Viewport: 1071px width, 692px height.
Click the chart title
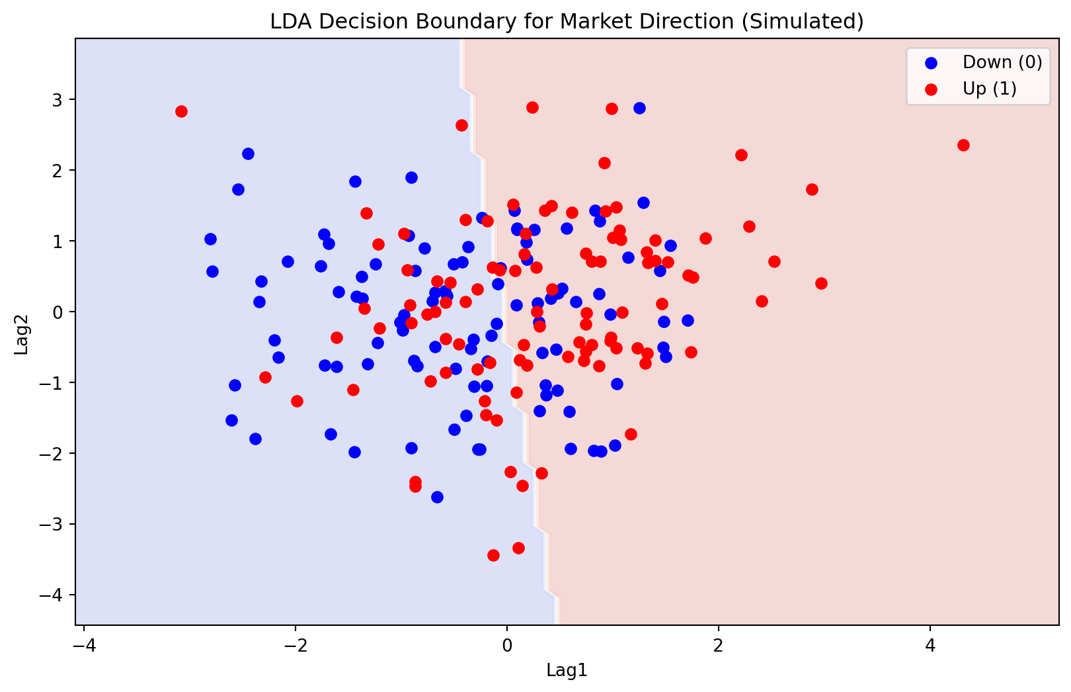(567, 22)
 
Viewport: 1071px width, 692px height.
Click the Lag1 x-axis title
(567, 671)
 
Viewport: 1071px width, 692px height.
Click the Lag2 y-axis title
(22, 331)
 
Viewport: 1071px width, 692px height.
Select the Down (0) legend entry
(1002, 62)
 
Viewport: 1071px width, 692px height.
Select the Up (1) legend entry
(989, 89)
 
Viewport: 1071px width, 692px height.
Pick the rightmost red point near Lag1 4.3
(963, 145)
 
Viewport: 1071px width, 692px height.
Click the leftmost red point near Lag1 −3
(181, 111)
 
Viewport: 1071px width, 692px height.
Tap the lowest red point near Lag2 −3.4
(493, 555)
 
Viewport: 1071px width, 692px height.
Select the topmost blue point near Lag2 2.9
(639, 108)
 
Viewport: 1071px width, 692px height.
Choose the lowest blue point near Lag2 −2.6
(437, 497)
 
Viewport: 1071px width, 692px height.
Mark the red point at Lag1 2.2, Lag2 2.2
(741, 155)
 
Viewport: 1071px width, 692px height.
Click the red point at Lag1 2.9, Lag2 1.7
(812, 189)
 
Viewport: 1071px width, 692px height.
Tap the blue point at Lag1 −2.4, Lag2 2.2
(248, 153)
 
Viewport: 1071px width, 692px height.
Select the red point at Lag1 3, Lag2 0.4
(821, 283)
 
